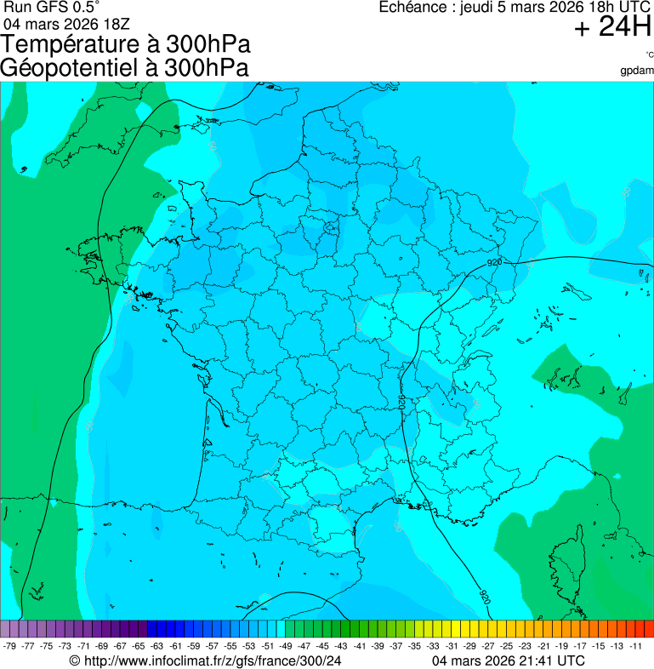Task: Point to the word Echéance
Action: click(414, 8)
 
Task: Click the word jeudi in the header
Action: click(478, 8)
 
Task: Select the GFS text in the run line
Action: click(49, 8)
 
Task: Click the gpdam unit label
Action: click(637, 71)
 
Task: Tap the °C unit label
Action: click(649, 55)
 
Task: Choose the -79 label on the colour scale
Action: click(10, 646)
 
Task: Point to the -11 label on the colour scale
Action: click(635, 646)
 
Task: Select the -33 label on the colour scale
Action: click(433, 646)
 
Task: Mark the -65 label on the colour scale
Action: click(139, 646)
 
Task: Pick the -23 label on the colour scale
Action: click(526, 646)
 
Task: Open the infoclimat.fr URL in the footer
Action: click(212, 660)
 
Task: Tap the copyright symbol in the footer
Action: click(74, 660)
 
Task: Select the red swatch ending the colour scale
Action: click(648, 629)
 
